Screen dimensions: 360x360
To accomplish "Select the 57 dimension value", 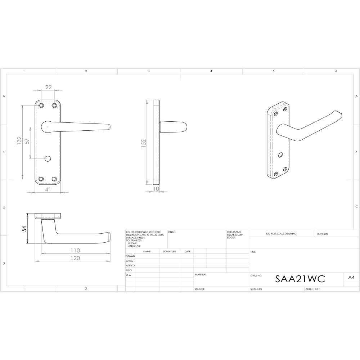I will pyautogui.click(x=27, y=141).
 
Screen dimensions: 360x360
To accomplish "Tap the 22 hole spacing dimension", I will pyautogui.click(x=48, y=87).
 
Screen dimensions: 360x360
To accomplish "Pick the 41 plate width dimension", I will pyautogui.click(x=48, y=189).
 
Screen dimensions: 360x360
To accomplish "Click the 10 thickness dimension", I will pyautogui.click(x=156, y=189).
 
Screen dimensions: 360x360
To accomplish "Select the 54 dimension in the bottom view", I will pyautogui.click(x=24, y=229).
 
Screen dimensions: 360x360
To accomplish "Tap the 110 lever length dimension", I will pyautogui.click(x=75, y=250).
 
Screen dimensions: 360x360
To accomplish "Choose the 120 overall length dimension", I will pyautogui.click(x=75, y=258).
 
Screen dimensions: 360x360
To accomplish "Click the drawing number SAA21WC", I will pyautogui.click(x=300, y=279).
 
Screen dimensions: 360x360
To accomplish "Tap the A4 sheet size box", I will pyautogui.click(x=351, y=277).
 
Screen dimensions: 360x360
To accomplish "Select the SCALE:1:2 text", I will pyautogui.click(x=256, y=289).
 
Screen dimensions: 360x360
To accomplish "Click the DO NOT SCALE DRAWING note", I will pyautogui.click(x=282, y=234).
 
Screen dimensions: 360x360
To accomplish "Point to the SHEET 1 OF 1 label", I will pyautogui.click(x=313, y=289).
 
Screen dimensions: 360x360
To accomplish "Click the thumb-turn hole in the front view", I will pyautogui.click(x=48, y=159).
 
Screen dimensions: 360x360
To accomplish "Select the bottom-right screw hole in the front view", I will pyautogui.click(x=55, y=179).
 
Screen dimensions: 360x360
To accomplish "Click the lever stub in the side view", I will pyautogui.click(x=173, y=127).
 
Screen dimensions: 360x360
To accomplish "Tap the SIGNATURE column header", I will pyautogui.click(x=169, y=251).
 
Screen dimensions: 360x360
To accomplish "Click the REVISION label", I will pyautogui.click(x=322, y=234).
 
